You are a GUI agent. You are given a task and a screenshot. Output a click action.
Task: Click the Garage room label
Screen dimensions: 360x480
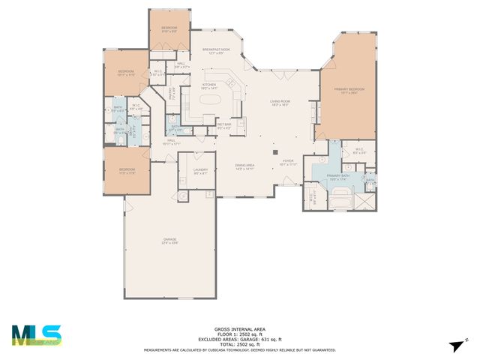169,241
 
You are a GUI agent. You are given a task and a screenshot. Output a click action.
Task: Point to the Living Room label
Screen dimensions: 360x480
280,102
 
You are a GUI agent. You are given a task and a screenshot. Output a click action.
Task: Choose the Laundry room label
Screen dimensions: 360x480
200,172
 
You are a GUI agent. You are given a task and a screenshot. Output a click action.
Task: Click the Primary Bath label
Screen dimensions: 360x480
338,177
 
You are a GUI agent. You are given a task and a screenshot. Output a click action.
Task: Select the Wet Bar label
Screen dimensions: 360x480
224,126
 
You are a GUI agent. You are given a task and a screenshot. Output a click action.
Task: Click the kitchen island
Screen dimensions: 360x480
212,100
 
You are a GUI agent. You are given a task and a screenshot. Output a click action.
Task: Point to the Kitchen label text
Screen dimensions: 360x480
209,86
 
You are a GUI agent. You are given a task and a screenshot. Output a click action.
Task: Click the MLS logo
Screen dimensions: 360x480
37,334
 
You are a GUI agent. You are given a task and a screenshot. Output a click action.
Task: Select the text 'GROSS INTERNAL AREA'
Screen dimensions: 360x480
239,329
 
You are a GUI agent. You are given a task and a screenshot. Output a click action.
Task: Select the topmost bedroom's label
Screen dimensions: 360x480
169,29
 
